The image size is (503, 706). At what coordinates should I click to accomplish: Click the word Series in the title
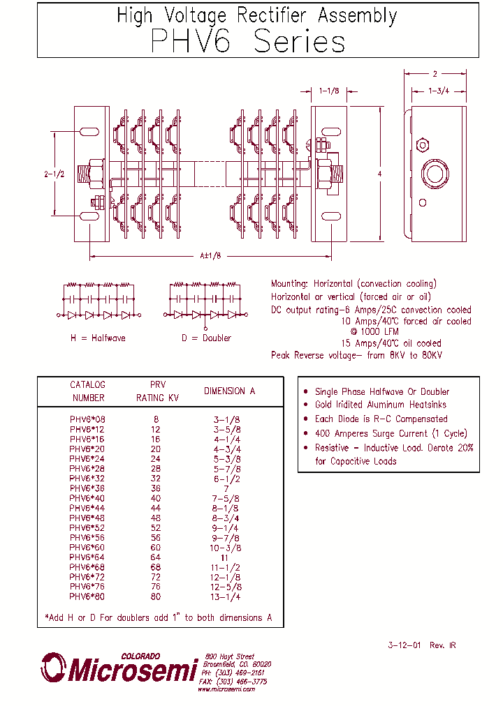pyautogui.click(x=299, y=42)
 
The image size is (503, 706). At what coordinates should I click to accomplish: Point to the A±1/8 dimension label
pyautogui.click(x=210, y=256)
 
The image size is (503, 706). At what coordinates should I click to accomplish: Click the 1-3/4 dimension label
pyautogui.click(x=439, y=91)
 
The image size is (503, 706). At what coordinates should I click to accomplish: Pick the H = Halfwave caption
pyautogui.click(x=98, y=338)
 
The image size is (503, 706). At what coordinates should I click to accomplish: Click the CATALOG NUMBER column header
pyautogui.click(x=87, y=391)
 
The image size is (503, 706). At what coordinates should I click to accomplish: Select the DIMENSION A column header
pyautogui.click(x=229, y=391)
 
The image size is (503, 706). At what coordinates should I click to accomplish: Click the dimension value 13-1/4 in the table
pyautogui.click(x=226, y=596)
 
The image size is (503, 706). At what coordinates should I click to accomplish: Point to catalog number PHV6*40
pyautogui.click(x=87, y=499)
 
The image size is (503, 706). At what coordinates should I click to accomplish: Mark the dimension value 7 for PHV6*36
pyautogui.click(x=226, y=489)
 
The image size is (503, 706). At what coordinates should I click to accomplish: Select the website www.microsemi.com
pyautogui.click(x=226, y=689)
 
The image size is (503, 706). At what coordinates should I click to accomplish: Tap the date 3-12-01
pyautogui.click(x=404, y=645)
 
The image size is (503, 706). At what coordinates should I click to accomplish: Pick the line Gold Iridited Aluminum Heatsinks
pyautogui.click(x=380, y=405)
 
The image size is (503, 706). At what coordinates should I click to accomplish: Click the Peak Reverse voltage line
pyautogui.click(x=356, y=355)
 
